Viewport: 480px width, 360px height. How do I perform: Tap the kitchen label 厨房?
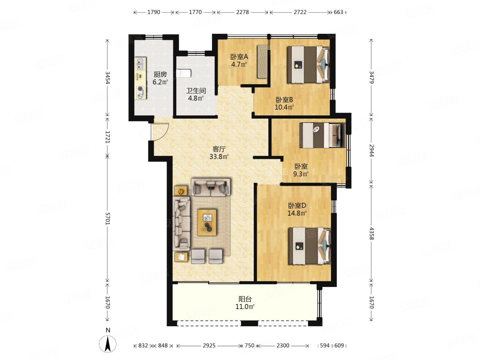[160, 75]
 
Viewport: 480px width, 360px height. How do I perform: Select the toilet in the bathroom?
[184, 73]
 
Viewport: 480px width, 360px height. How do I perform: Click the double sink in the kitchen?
[140, 64]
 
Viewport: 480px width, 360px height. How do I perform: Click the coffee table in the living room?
[207, 222]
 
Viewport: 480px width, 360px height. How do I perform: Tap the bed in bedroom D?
[309, 246]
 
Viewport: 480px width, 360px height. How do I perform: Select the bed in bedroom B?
[308, 65]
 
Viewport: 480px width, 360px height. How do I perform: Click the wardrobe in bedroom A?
[262, 61]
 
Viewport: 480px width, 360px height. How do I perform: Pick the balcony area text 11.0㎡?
[245, 307]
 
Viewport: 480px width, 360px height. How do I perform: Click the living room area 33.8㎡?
[219, 157]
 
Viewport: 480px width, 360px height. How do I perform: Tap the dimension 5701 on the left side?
[107, 218]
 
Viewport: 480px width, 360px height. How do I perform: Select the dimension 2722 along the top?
[300, 12]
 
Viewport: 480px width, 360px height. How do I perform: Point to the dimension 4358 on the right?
[371, 234]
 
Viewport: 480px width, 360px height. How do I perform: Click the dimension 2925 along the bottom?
[209, 345]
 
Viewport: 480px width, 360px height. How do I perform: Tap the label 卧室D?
[297, 206]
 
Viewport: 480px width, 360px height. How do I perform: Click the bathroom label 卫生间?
[196, 91]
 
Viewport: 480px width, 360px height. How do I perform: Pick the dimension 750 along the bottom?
[249, 345]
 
